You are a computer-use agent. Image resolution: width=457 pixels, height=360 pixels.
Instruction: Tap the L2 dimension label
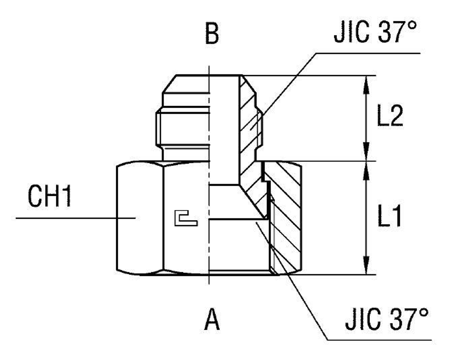click(390, 117)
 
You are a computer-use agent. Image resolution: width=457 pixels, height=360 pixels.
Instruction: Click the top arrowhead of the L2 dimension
click(366, 82)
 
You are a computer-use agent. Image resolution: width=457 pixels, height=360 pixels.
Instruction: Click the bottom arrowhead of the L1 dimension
click(366, 268)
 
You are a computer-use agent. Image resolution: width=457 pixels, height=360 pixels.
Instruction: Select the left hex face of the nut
click(139, 218)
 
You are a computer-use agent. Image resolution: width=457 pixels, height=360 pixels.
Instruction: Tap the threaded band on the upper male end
click(183, 127)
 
